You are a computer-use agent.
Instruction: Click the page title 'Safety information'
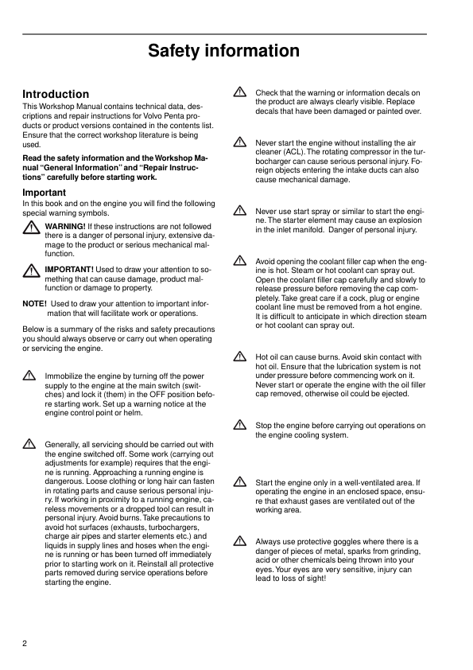[x=223, y=52]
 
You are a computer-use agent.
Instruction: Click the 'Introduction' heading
[x=56, y=94]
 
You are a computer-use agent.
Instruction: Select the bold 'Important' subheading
[x=44, y=193]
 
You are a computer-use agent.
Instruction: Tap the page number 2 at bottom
[x=25, y=643]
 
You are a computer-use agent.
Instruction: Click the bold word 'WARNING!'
[x=65, y=227]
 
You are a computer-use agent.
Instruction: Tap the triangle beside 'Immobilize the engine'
[x=29, y=376]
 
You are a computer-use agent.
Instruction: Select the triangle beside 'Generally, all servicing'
[x=29, y=445]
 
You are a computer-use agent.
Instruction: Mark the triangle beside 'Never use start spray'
[x=239, y=211]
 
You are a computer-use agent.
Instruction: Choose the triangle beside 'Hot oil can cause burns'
[x=239, y=358]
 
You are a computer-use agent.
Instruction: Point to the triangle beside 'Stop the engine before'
[x=239, y=427]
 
